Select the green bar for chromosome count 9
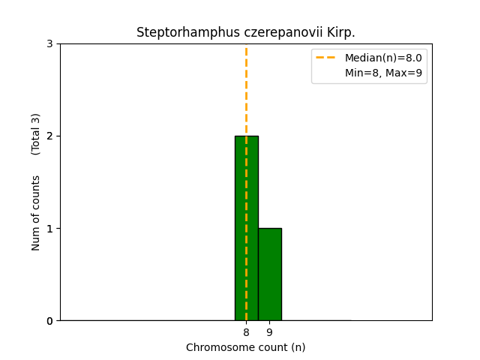click(x=269, y=274)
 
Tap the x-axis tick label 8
click(x=246, y=332)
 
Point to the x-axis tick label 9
click(x=269, y=332)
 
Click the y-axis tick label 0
click(x=49, y=321)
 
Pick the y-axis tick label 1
click(x=49, y=228)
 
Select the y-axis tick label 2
click(x=49, y=136)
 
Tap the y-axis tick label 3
click(x=49, y=43)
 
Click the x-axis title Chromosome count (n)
click(x=246, y=347)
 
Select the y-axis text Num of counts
click(x=36, y=213)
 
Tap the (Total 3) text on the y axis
click(x=36, y=134)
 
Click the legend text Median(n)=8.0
click(x=383, y=58)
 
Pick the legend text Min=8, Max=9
click(x=383, y=73)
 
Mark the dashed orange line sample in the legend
click(x=326, y=58)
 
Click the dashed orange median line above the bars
click(x=246, y=90)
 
